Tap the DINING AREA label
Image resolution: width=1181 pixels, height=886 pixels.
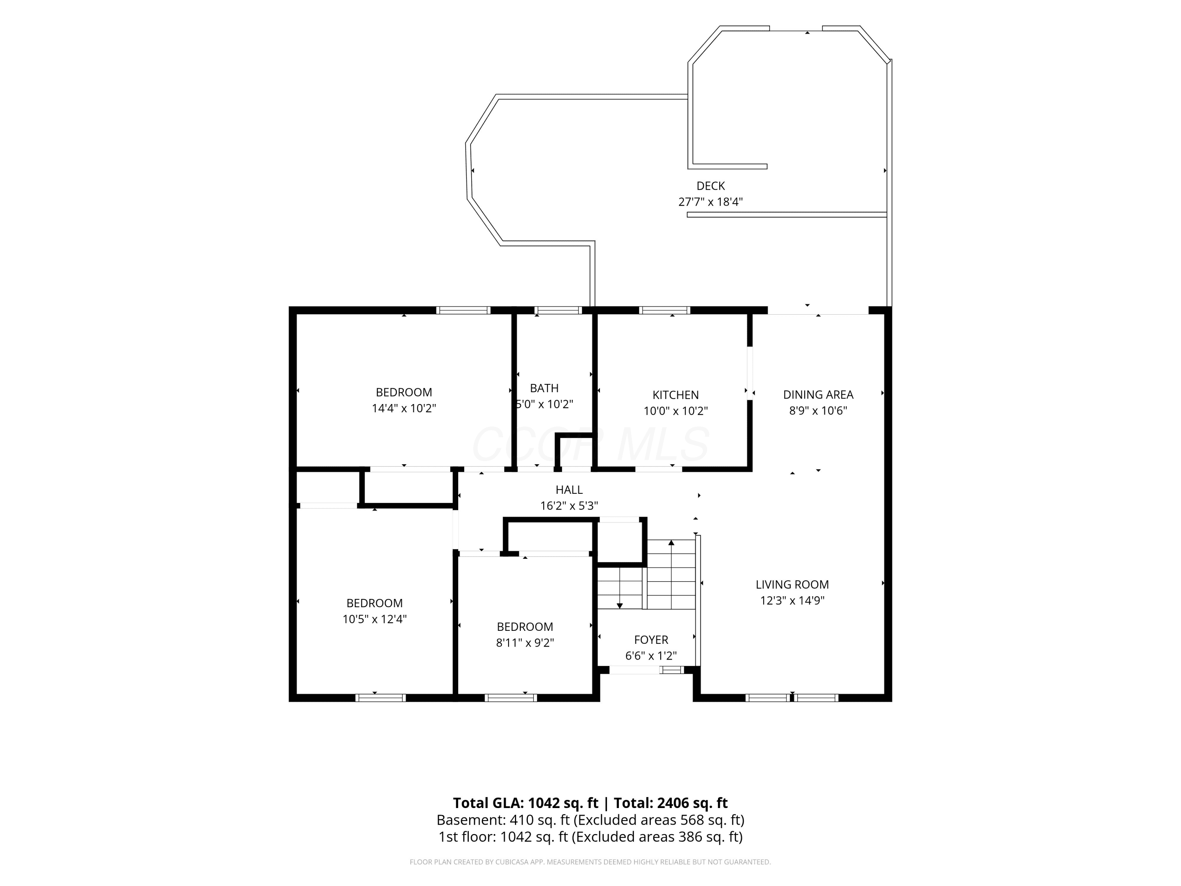click(818, 395)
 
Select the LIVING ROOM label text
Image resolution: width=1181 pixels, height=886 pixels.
click(792, 584)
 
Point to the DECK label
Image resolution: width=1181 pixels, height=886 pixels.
click(711, 186)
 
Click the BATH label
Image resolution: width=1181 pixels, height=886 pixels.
click(544, 388)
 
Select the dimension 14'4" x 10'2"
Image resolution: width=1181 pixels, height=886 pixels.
click(404, 408)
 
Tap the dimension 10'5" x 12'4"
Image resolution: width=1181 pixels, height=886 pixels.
click(375, 619)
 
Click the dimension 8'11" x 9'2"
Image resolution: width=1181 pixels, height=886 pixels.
click(525, 643)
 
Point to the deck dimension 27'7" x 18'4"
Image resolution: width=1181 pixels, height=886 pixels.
click(711, 202)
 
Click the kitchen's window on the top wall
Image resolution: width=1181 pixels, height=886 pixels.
click(665, 310)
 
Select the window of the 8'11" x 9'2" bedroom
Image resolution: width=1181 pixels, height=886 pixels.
click(511, 697)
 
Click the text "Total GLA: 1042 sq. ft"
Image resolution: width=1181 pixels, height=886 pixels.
click(526, 803)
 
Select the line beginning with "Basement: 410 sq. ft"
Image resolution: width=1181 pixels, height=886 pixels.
click(590, 820)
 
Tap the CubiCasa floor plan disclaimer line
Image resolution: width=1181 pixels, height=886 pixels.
click(590, 862)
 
